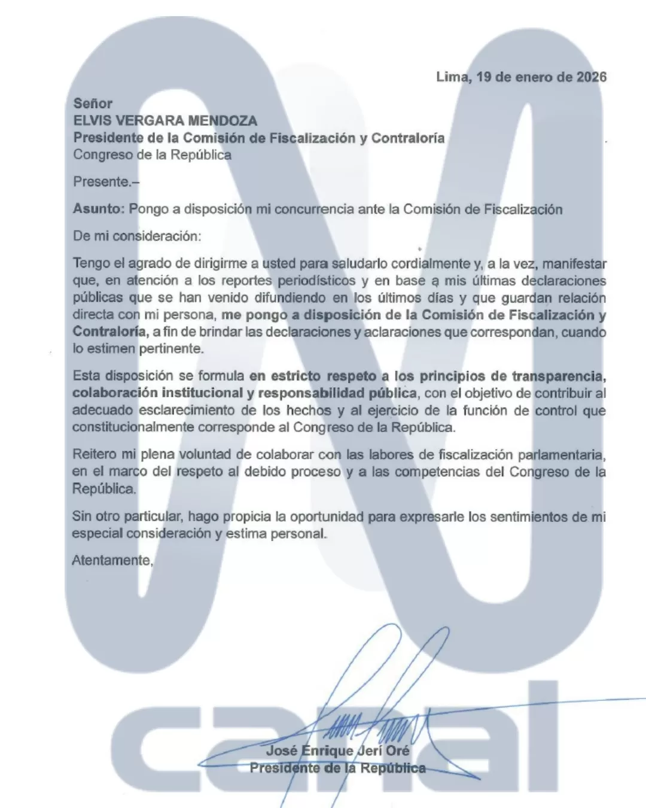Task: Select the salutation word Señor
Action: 93,104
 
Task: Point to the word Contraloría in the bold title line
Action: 408,138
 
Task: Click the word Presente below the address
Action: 101,181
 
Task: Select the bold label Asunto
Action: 97,209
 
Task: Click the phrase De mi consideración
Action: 137,236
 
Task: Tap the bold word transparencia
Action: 559,376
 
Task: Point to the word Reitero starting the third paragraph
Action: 93,454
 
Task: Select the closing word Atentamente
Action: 112,560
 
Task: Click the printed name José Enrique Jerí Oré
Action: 338,751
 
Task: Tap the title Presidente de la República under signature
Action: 338,768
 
